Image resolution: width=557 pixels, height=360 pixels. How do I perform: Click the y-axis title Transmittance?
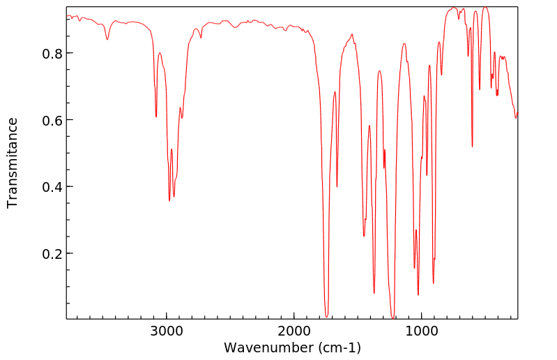click(x=13, y=163)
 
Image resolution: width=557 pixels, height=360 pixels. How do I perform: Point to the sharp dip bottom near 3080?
click(x=156, y=117)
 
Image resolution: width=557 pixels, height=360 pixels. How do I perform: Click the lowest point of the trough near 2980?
click(x=169, y=201)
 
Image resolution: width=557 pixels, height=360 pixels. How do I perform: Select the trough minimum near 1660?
click(x=337, y=187)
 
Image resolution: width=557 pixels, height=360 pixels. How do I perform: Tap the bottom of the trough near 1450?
click(x=364, y=236)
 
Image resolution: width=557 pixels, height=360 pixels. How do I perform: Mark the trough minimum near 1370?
click(x=374, y=293)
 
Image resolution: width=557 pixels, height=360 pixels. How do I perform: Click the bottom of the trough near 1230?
click(x=392, y=318)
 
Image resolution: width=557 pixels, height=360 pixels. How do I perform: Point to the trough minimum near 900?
click(x=434, y=283)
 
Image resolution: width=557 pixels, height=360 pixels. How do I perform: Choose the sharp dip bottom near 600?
click(x=473, y=147)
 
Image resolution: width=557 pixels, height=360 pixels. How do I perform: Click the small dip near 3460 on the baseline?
click(x=107, y=39)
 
